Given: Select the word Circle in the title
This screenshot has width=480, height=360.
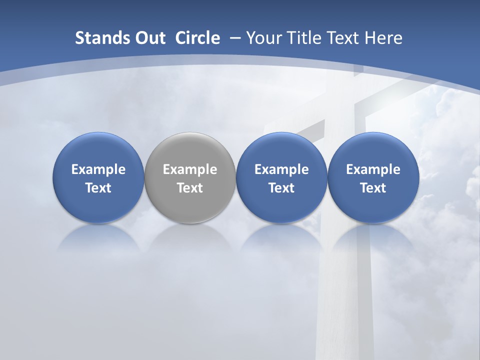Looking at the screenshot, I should [x=197, y=38].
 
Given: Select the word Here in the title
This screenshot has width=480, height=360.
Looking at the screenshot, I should [x=384, y=38].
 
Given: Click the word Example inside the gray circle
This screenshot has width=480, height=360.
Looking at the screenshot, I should [x=190, y=170].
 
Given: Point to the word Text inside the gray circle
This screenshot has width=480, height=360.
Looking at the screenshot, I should [x=190, y=188].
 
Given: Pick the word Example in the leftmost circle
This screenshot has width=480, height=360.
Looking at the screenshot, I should [x=98, y=170].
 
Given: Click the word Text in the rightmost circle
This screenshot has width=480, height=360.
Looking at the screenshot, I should [x=373, y=188].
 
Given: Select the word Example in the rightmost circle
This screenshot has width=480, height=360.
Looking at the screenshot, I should [x=373, y=170].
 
